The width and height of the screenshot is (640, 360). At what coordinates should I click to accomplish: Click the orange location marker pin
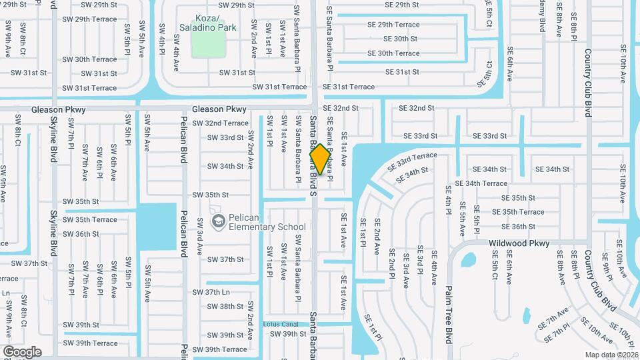[x=320, y=159]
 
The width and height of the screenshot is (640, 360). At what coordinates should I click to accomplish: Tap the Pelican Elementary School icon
[x=217, y=220]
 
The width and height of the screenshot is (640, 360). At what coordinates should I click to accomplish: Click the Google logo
[x=22, y=351]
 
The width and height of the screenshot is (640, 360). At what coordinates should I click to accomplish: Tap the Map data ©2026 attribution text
[x=611, y=355]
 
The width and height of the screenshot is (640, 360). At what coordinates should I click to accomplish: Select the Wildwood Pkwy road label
[x=519, y=243]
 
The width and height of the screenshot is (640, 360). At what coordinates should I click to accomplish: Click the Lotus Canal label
[x=287, y=324]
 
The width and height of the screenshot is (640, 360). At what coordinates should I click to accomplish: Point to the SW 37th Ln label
[x=211, y=292]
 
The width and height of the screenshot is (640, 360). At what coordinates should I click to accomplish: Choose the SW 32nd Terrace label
[x=220, y=123]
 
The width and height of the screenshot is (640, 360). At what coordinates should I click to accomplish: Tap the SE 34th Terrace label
[x=481, y=183]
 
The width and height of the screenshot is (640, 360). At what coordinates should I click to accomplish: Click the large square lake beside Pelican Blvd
[x=157, y=225]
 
